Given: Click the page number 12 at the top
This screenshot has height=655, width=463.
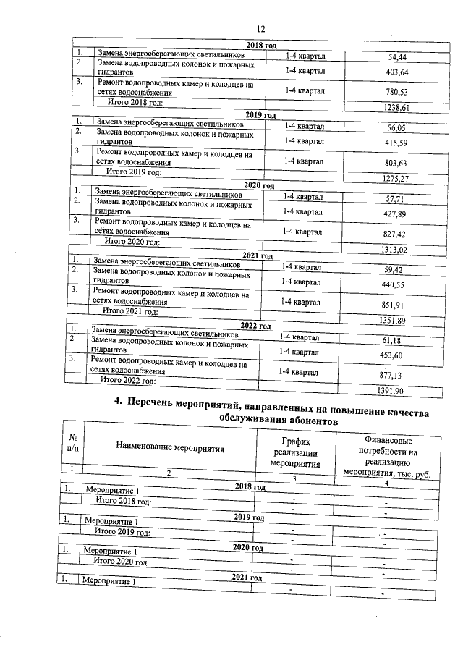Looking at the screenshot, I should click(x=261, y=28).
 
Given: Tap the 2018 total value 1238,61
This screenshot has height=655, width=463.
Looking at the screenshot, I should click(x=395, y=107).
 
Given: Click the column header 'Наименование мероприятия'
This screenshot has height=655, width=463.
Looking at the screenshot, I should click(x=169, y=448).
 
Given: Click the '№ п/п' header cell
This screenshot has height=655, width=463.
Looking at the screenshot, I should click(x=73, y=443).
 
